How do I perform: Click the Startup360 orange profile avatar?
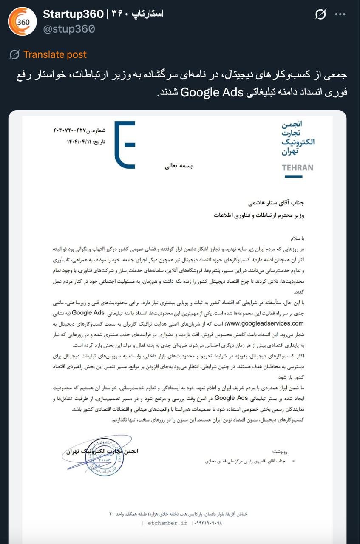22,22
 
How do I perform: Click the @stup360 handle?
68,29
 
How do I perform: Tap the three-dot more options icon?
340,14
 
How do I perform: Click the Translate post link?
55,54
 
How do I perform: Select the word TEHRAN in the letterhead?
298,167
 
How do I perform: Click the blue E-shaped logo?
125,144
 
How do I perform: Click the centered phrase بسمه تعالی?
179,166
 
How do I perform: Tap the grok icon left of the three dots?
320,15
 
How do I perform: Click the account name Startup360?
73,14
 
